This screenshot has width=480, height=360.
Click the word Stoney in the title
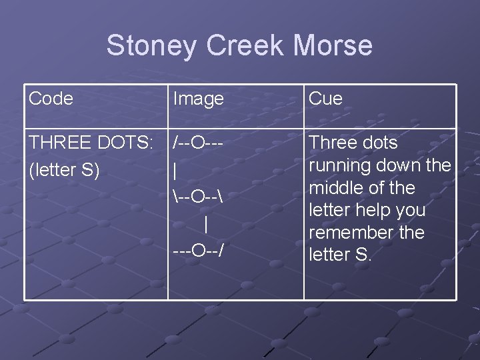[x=152, y=46]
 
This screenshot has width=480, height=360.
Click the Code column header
[x=51, y=99]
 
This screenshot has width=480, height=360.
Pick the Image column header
[x=198, y=99]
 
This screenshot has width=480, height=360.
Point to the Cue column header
[x=326, y=99]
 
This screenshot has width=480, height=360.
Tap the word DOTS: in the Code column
[x=126, y=143]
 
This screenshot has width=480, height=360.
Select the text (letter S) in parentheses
[x=64, y=170]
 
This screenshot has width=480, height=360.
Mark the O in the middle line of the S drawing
[x=199, y=197]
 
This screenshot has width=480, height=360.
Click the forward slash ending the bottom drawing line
[x=221, y=251]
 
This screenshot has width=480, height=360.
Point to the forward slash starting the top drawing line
[x=175, y=143]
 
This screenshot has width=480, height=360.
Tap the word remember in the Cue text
[x=351, y=233]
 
